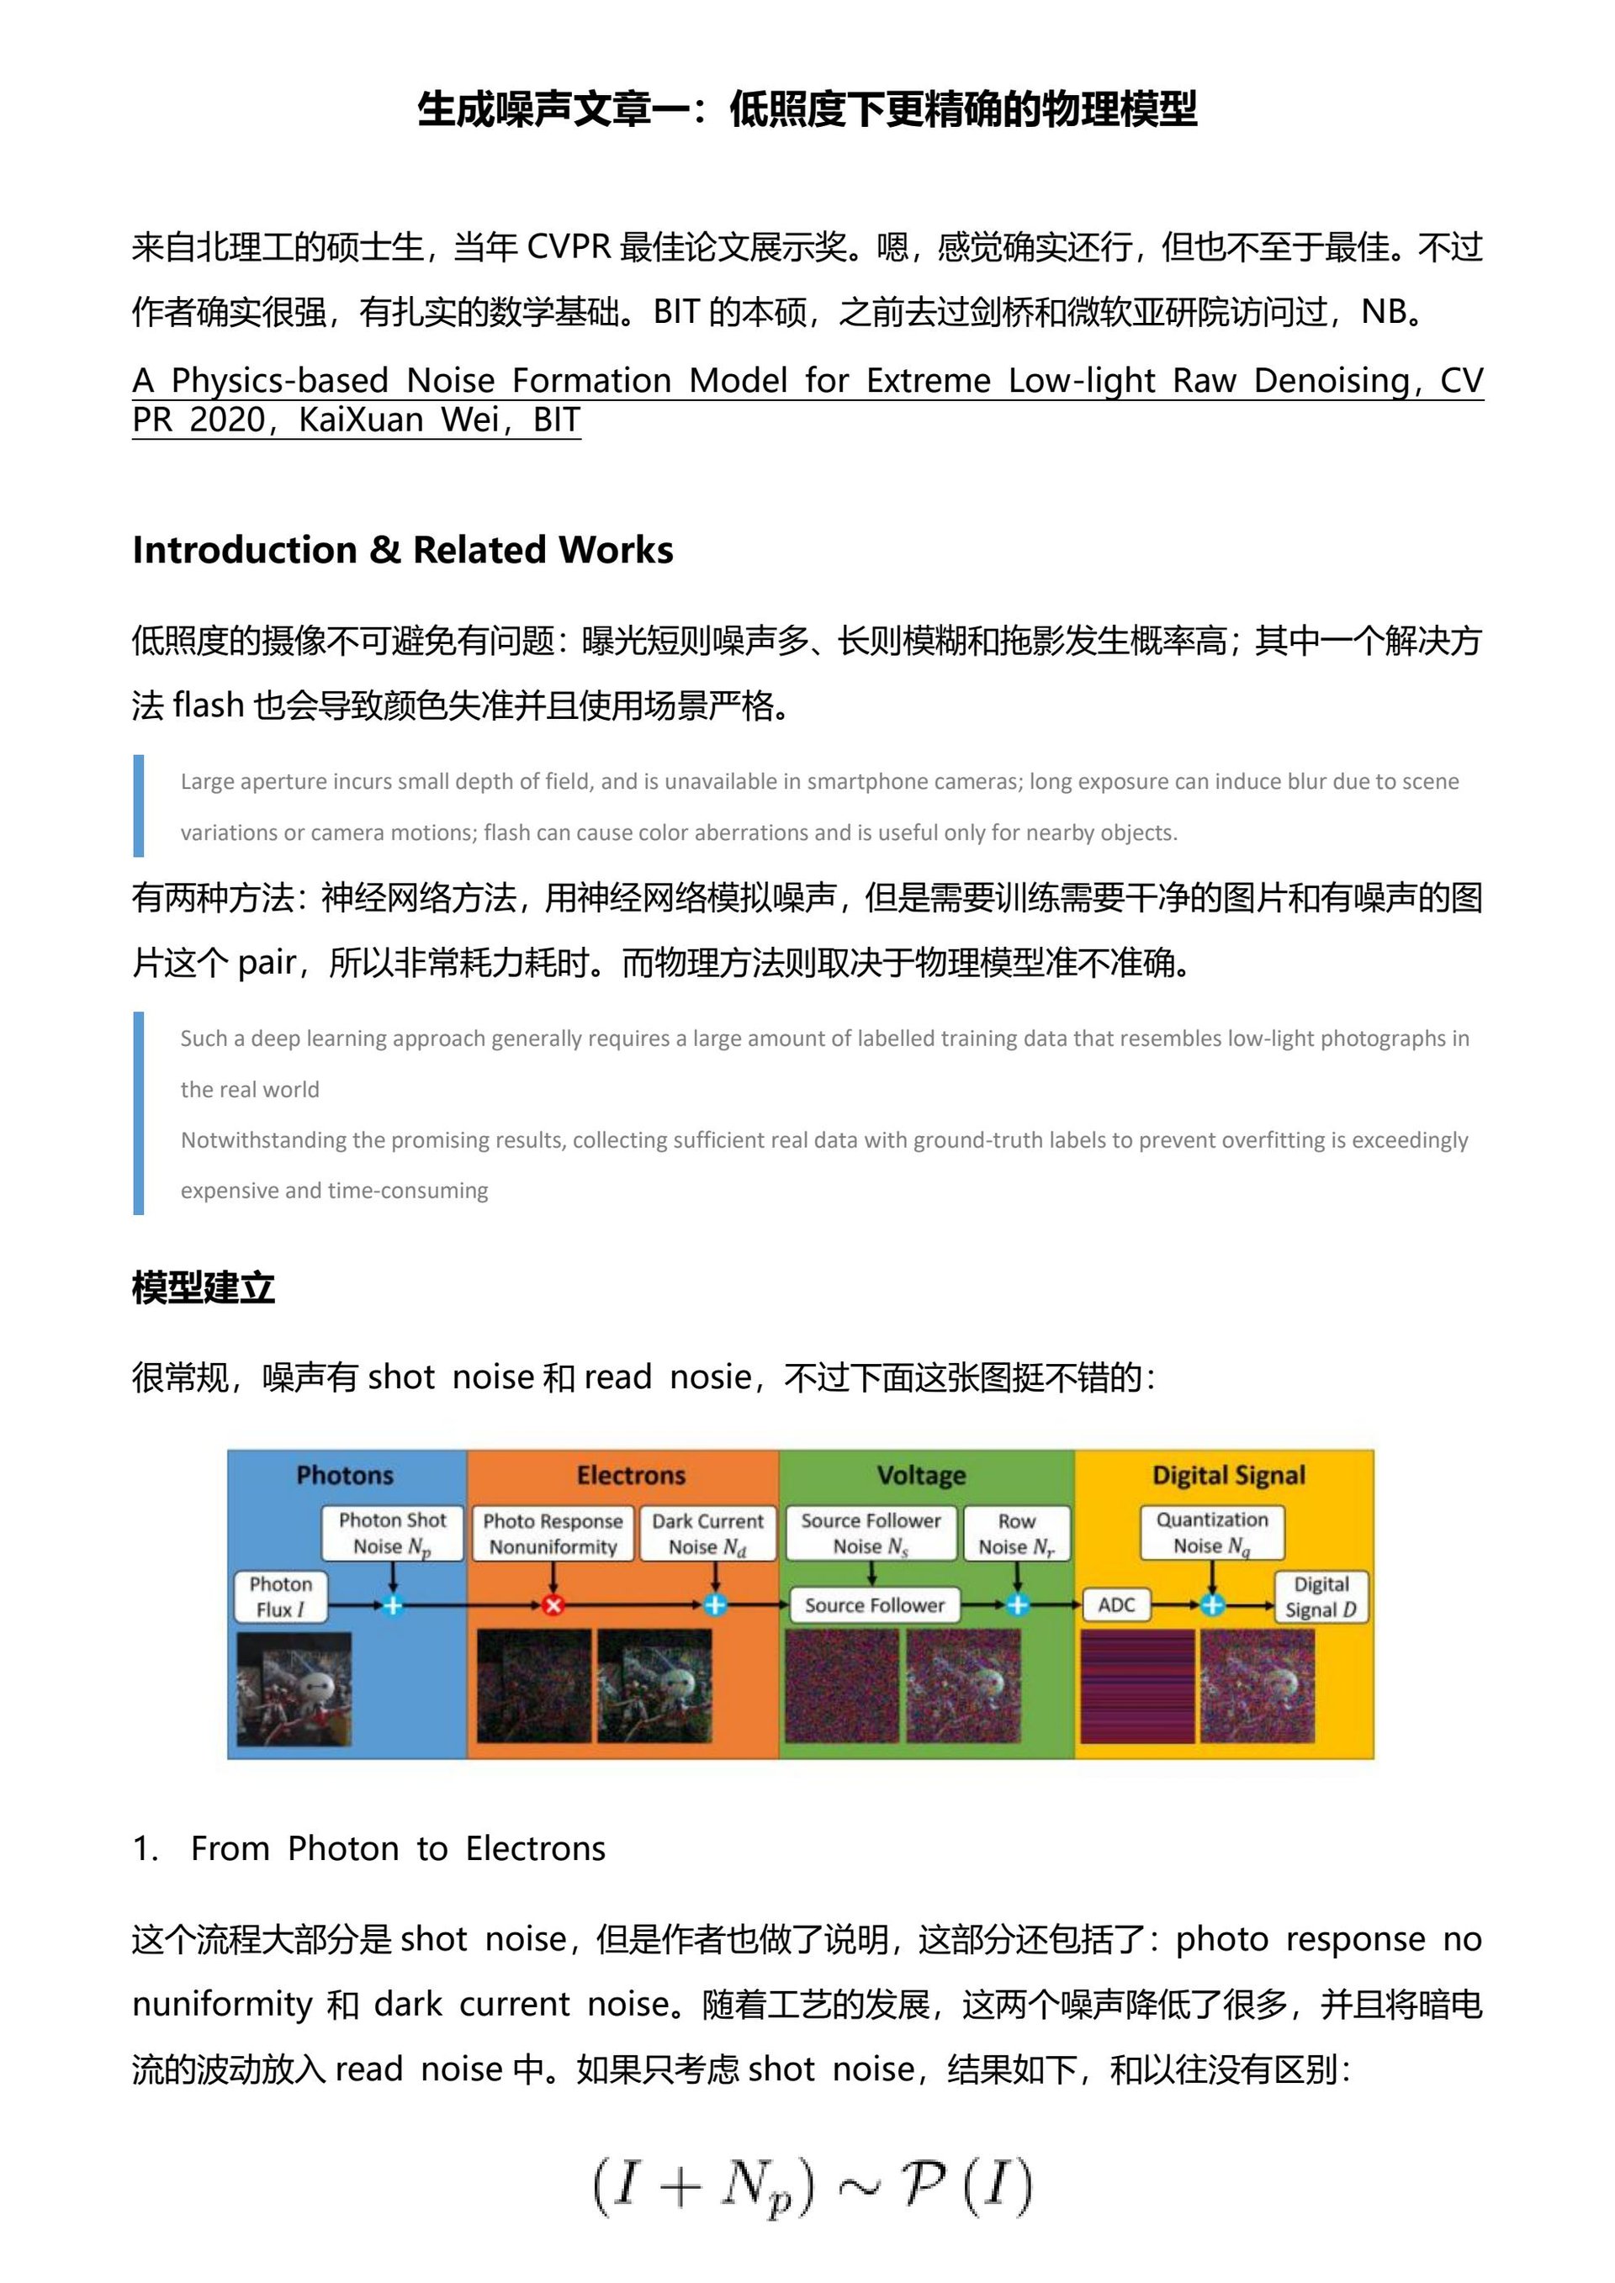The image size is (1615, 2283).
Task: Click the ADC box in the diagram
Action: (1116, 1605)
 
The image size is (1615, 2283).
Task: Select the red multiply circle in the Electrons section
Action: (553, 1605)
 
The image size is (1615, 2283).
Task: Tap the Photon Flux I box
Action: (280, 1596)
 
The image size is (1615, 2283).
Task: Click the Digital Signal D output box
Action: (1321, 1596)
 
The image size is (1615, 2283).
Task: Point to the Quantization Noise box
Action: (1211, 1532)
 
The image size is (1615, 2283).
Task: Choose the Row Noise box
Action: (1015, 1533)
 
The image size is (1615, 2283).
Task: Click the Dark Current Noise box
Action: (707, 1533)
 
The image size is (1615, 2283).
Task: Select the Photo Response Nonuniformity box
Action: (553, 1533)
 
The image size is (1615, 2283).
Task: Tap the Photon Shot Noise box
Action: (393, 1533)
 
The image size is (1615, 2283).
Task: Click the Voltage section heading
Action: (921, 1476)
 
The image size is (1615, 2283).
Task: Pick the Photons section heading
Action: (345, 1476)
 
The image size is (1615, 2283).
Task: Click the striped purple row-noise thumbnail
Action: (1136, 1687)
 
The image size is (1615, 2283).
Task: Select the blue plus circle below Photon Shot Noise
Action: (393, 1605)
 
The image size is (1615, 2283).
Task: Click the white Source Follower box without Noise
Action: (874, 1605)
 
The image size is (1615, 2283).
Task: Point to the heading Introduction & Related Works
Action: (403, 550)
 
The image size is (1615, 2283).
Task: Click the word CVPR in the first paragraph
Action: (568, 246)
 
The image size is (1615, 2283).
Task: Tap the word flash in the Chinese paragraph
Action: (208, 705)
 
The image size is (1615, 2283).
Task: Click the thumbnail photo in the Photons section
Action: (294, 1688)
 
